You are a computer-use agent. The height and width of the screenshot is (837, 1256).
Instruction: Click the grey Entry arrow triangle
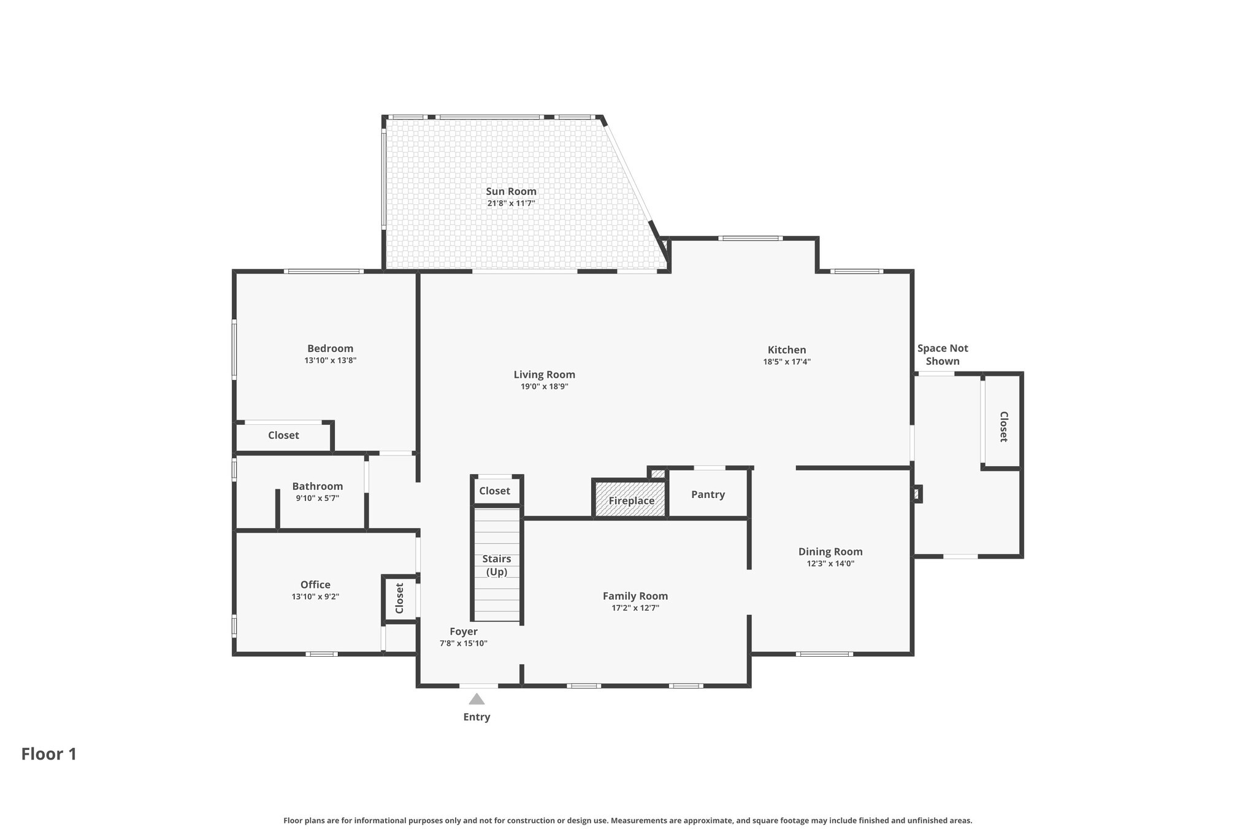coord(477,698)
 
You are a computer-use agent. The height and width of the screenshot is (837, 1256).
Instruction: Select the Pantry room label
coord(708,494)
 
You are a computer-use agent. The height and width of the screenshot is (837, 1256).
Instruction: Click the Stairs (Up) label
coord(497,565)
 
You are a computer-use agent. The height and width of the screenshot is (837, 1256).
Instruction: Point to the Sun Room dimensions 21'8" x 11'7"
coord(511,203)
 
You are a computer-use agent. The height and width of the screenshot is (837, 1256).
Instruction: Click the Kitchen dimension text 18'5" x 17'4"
coord(787,362)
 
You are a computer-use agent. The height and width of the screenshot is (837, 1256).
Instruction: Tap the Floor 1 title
coord(49,754)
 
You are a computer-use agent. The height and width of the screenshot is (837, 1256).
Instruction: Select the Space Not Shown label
coord(943,354)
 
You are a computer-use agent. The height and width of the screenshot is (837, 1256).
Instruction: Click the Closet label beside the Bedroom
coord(283,435)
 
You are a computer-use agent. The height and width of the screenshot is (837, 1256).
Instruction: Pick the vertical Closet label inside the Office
coord(399,598)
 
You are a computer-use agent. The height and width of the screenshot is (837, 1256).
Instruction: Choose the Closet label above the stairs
coord(494,491)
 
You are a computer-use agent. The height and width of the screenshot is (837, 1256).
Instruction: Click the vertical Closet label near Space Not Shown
coord(1003,426)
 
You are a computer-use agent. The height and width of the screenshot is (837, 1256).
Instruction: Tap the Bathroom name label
coord(317,486)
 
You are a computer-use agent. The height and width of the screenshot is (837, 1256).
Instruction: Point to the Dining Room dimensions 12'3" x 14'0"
coord(830,564)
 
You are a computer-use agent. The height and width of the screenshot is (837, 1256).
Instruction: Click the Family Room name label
coord(635,596)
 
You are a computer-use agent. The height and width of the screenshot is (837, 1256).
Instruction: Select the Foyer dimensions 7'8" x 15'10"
coord(464,643)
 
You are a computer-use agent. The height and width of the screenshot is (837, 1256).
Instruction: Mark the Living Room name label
coord(545,375)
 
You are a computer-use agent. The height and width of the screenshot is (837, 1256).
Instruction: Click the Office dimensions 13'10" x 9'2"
coord(315,597)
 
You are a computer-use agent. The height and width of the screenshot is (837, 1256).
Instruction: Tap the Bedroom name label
coord(330,348)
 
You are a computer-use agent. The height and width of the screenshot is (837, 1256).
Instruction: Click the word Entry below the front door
coord(477,717)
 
